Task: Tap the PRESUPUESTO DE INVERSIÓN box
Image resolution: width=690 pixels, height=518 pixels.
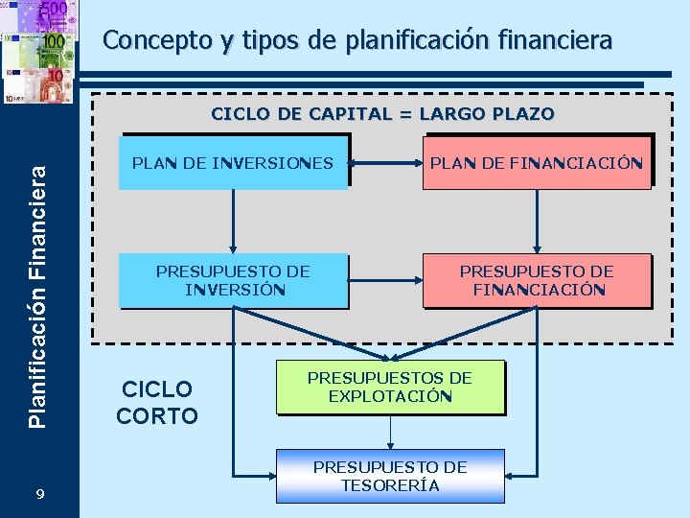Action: (233, 280)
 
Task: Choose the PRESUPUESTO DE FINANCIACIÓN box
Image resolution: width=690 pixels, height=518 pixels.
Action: (536, 280)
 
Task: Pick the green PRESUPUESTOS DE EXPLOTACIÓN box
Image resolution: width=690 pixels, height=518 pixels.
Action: (389, 388)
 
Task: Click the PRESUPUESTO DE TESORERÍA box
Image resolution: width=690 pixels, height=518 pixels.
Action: (389, 476)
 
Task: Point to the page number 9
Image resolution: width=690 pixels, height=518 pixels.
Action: (39, 493)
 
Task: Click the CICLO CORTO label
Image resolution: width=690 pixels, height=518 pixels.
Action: (156, 402)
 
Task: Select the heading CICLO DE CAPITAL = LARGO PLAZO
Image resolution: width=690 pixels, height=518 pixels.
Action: (382, 114)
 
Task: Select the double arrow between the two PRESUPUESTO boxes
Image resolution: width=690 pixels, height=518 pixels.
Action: (385, 280)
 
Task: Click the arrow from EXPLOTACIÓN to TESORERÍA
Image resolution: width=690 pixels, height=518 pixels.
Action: (389, 433)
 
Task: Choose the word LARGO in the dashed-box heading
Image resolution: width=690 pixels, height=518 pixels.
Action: (446, 114)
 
